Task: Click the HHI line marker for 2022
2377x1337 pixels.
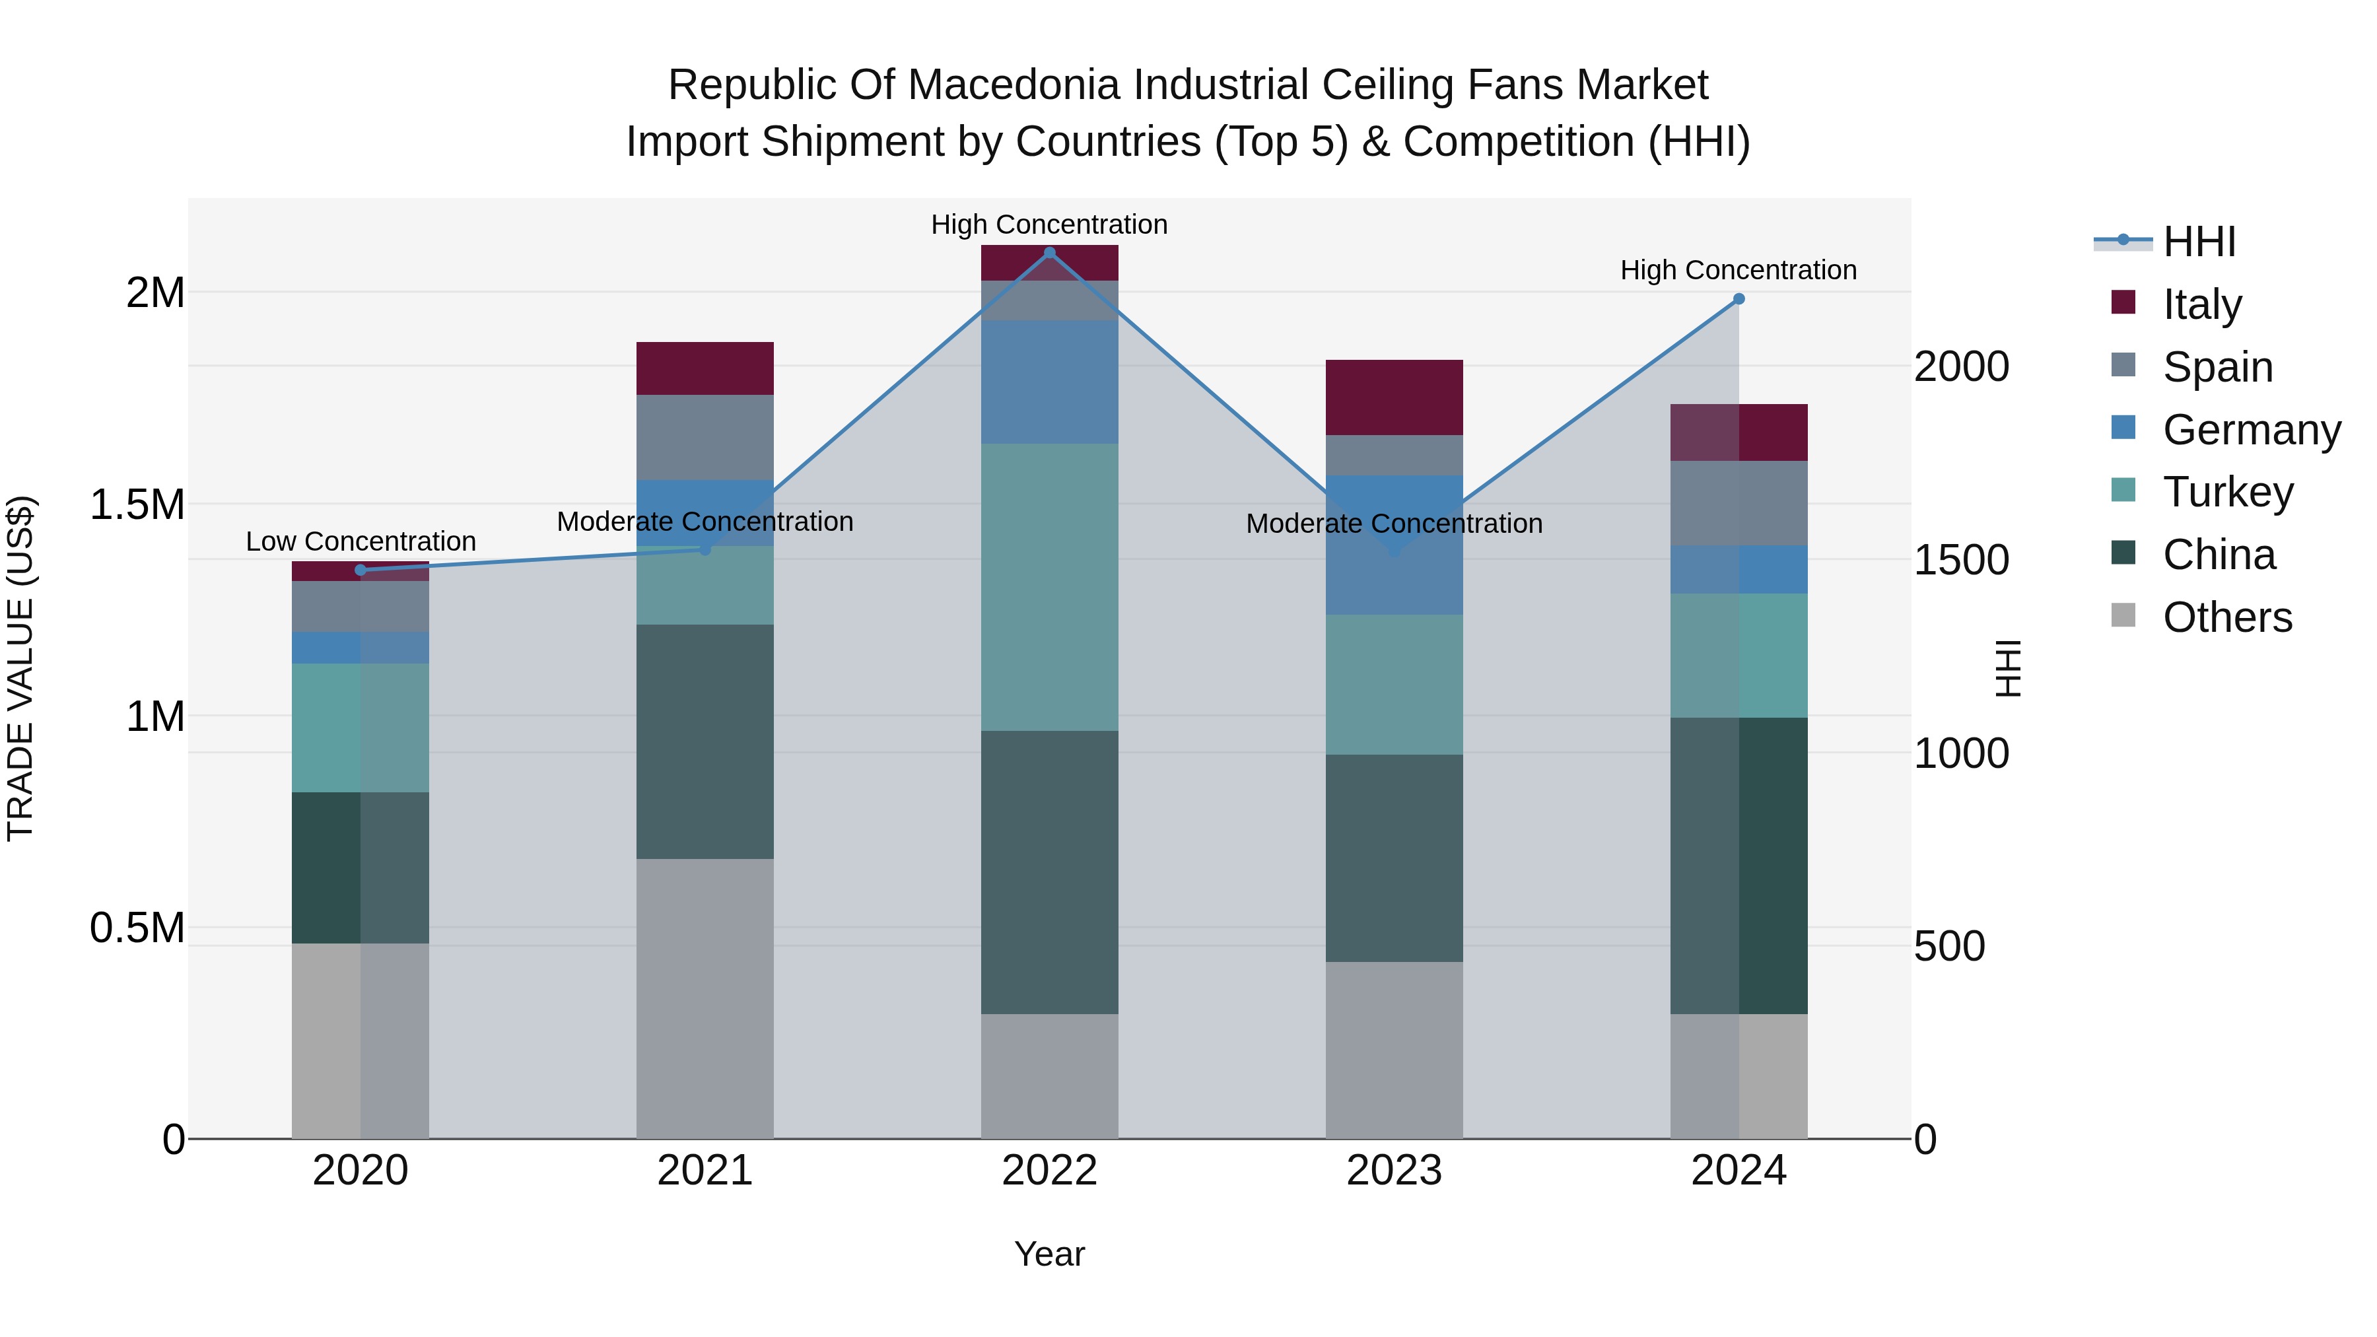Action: coord(1049,253)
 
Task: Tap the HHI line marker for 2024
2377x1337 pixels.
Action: coord(1739,299)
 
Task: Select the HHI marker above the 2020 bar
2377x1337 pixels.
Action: coord(361,570)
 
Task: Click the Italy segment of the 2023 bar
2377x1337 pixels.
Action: coord(1395,397)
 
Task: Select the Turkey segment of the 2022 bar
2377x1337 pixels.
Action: coord(1049,588)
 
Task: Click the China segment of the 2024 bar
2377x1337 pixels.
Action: coord(1739,866)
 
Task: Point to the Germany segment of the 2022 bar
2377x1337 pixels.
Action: coord(1049,382)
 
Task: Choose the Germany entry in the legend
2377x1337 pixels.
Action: coord(2251,430)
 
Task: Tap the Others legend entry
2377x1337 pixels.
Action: coord(2226,617)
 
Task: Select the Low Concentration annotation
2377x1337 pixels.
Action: coord(361,541)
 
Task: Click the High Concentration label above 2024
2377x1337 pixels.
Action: coord(1739,270)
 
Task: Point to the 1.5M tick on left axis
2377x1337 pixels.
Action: coord(137,504)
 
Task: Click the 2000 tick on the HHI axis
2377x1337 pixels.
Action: coord(1961,366)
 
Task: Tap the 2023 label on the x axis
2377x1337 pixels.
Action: coord(1395,1171)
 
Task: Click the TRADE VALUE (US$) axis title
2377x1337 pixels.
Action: coord(20,668)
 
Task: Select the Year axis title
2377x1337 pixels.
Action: coord(1049,1254)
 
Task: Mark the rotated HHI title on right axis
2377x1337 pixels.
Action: coord(2008,668)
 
